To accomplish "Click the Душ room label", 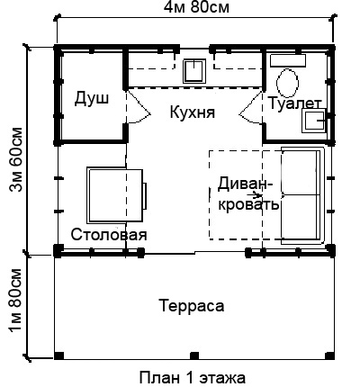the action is coord(92,98).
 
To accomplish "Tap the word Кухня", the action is coord(193,112).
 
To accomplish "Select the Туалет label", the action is coord(294,103).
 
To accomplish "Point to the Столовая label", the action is coord(109,234).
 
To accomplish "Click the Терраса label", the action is coord(192,306).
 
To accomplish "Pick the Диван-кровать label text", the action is coord(246,194).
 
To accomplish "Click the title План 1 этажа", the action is coord(192,378).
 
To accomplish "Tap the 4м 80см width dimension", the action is coord(196,8).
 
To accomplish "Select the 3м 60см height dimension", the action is coord(15,159).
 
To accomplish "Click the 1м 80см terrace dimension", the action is coord(15,300).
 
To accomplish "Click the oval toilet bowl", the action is coord(287,83).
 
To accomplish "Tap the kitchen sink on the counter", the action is coord(194,71).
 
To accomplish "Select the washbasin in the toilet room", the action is coord(314,121).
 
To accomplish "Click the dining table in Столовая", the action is coord(115,195).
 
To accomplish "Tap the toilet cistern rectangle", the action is coord(288,60).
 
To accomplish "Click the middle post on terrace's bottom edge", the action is coord(194,355).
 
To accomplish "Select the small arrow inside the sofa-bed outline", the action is coord(256,195).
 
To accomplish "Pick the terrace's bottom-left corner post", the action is coord(59,355).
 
